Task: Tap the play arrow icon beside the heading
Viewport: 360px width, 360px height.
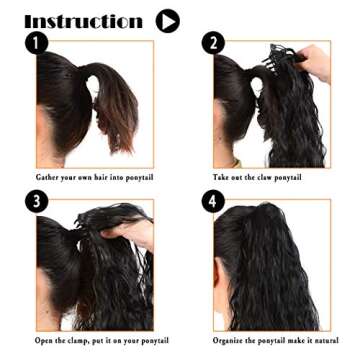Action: pyautogui.click(x=167, y=20)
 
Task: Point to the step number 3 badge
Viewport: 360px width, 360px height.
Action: pyautogui.click(x=37, y=200)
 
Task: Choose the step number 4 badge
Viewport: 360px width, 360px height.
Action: pyautogui.click(x=213, y=200)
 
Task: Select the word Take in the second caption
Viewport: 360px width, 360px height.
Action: pyautogui.click(x=223, y=177)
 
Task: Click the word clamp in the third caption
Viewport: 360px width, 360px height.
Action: pyautogui.click(x=82, y=340)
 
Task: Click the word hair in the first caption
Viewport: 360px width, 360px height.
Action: pyautogui.click(x=98, y=177)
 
